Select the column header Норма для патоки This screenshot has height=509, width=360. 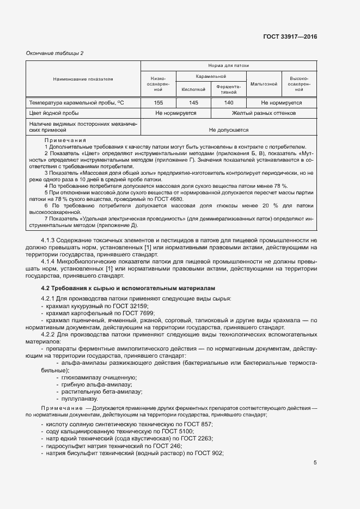229,65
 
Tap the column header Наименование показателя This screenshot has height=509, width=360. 83,79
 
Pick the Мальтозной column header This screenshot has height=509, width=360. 264,84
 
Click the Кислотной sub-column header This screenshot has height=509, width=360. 193,89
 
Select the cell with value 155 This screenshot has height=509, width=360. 158,102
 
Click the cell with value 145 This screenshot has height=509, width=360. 193,102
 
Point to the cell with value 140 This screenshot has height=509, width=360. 229,102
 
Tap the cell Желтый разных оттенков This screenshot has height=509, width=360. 264,113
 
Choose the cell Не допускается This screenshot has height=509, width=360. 229,130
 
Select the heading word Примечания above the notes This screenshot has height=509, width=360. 65,140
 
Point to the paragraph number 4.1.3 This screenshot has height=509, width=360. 50,240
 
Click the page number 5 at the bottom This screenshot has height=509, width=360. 315,463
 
